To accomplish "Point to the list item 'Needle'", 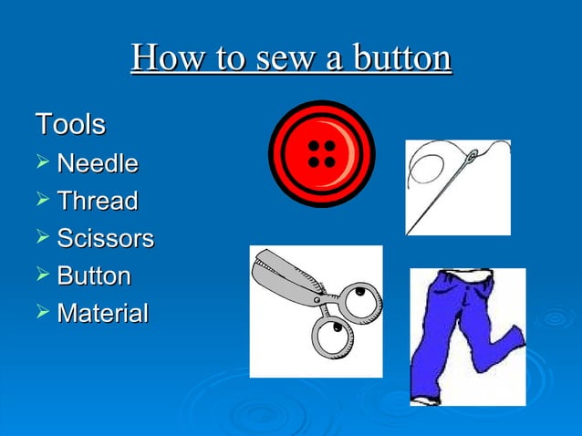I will click(x=98, y=164).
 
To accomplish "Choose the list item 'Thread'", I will click(x=98, y=201).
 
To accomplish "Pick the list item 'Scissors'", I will click(x=105, y=239).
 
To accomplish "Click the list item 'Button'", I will click(x=94, y=275).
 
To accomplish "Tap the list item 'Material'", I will click(x=102, y=314).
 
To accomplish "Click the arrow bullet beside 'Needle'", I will click(x=41, y=164).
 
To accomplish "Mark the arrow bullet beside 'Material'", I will click(x=41, y=314).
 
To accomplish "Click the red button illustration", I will click(x=321, y=153).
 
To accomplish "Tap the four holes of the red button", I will click(x=321, y=153).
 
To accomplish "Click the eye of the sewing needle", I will click(x=472, y=158).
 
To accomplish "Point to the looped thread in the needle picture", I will click(x=429, y=171).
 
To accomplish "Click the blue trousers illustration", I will click(x=465, y=337).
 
